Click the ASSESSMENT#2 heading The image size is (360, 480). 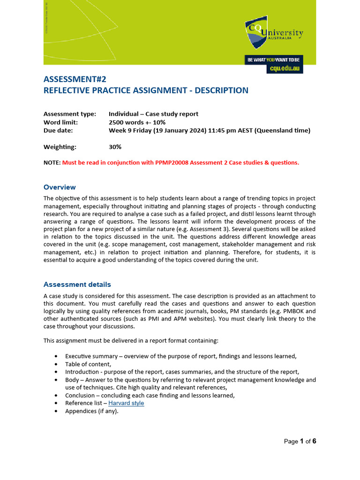[72, 79]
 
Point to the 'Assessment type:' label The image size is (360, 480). [69, 114]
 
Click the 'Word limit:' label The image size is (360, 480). [61, 122]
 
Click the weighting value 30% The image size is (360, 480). [115, 147]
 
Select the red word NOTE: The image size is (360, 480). [52, 163]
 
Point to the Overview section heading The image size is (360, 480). [60, 187]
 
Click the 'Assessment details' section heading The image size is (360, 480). [77, 285]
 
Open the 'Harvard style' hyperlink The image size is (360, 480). [126, 403]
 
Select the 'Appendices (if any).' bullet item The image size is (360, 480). [92, 411]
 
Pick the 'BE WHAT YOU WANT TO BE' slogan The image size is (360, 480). [273, 60]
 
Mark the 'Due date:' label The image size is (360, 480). [59, 131]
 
